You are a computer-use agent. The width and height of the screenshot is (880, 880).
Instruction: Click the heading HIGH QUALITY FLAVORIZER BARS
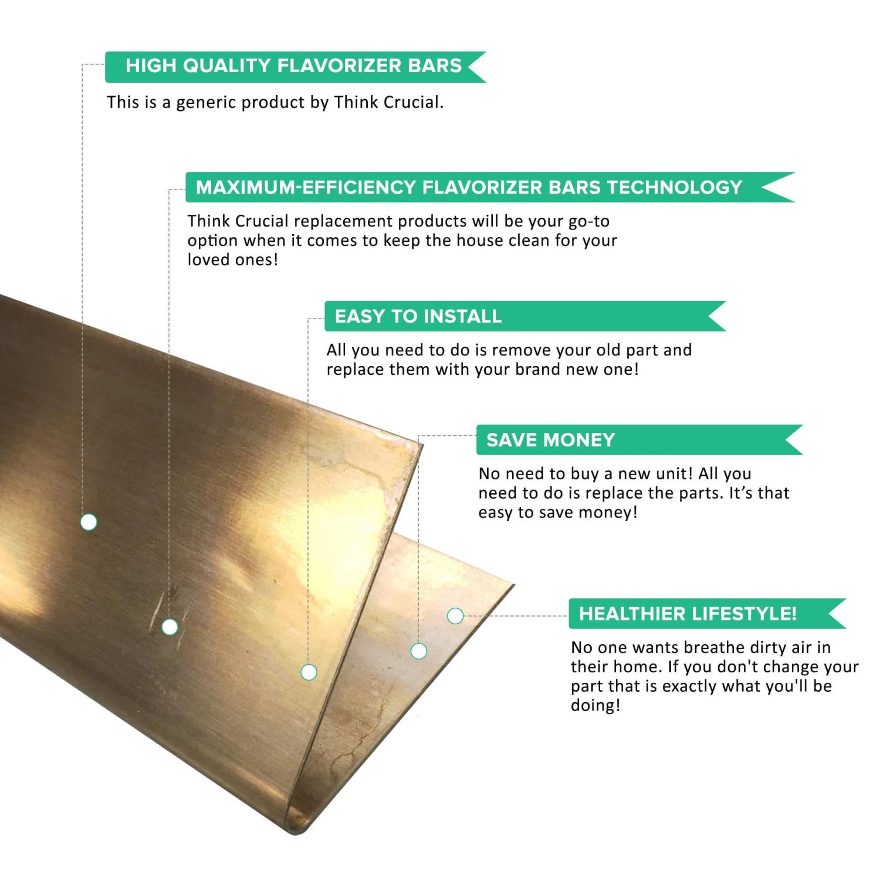[x=293, y=66]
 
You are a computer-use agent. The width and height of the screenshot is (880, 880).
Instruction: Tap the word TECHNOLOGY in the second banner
[x=675, y=187]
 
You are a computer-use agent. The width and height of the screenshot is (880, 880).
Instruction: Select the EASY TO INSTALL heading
[x=418, y=317]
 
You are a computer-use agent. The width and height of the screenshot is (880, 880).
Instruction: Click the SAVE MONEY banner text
[x=550, y=440]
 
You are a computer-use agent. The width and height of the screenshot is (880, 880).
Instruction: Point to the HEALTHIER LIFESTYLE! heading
[x=688, y=614]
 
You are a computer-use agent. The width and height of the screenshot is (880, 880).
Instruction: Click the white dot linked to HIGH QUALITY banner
[x=89, y=522]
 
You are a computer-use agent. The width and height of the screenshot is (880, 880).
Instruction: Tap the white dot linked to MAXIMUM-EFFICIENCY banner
[x=170, y=627]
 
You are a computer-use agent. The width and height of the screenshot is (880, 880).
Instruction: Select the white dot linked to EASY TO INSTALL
[x=309, y=672]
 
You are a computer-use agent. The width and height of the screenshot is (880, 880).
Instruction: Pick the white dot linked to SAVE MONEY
[x=419, y=651]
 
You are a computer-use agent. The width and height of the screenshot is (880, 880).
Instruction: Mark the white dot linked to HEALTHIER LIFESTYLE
[x=455, y=616]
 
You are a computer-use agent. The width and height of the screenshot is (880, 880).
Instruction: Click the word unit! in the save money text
[x=668, y=474]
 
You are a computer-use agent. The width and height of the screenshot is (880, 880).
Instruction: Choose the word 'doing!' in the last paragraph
[x=595, y=706]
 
